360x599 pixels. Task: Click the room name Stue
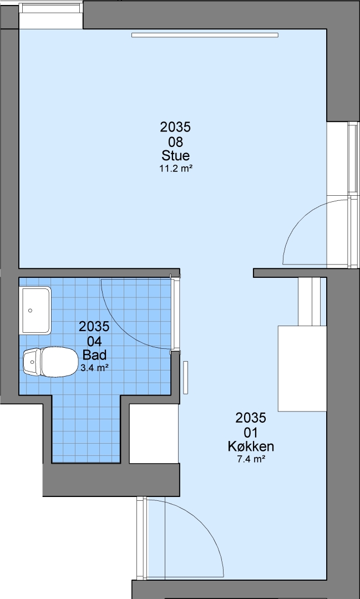click(175, 156)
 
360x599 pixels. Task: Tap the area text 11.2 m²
click(175, 169)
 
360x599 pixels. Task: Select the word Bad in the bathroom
click(94, 356)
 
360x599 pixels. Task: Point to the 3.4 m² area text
click(94, 368)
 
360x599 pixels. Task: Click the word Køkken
click(251, 446)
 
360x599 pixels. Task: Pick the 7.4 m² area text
click(251, 459)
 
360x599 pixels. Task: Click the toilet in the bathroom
click(50, 362)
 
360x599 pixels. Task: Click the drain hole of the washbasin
click(30, 311)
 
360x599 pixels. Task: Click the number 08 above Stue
click(175, 142)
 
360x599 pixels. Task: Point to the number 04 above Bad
click(94, 341)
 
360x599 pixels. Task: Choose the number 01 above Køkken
click(251, 433)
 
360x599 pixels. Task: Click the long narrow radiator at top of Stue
click(205, 35)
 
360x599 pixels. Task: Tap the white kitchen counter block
click(302, 368)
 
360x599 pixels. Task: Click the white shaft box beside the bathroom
click(154, 433)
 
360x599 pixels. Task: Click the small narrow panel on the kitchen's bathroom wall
click(186, 378)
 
